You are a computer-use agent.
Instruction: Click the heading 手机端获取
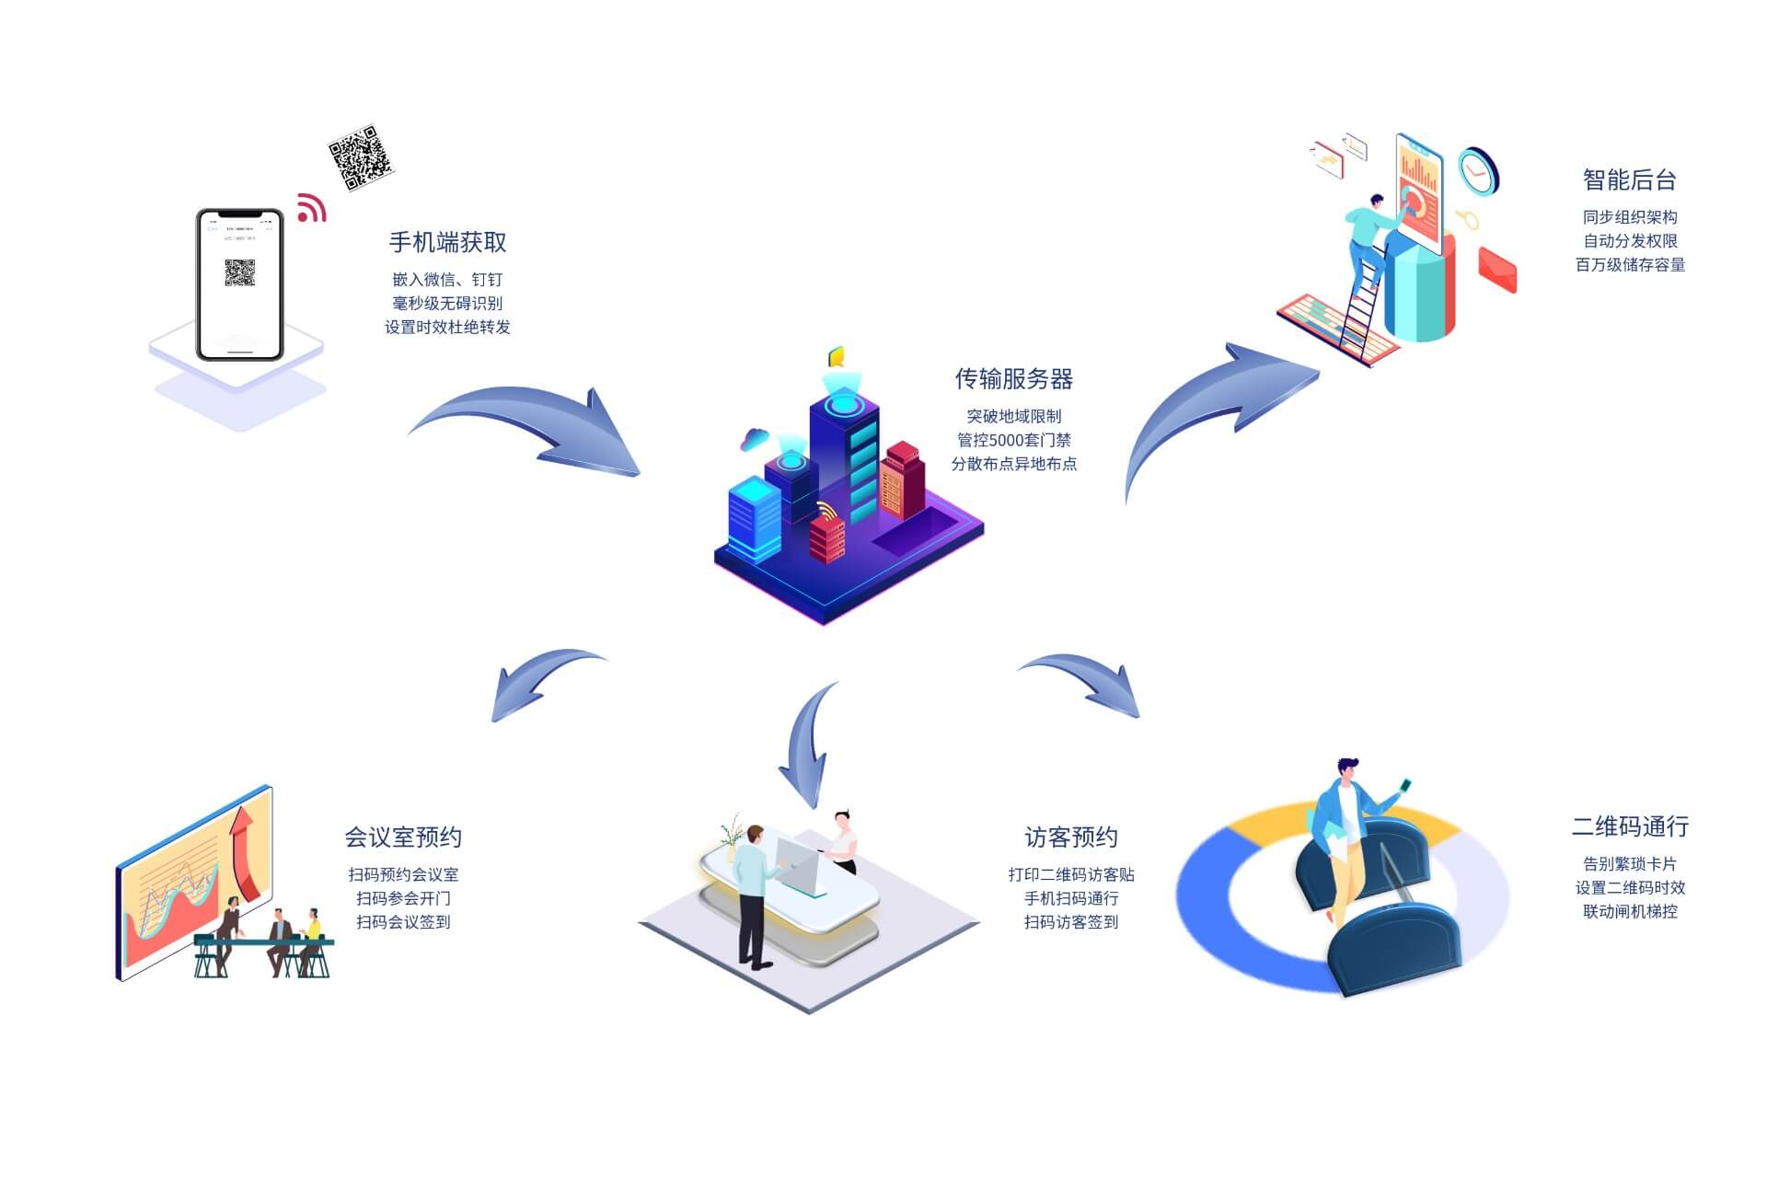pyautogui.click(x=447, y=242)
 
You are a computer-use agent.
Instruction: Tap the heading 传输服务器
pyautogui.click(x=1013, y=378)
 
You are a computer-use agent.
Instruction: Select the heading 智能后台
pyautogui.click(x=1629, y=179)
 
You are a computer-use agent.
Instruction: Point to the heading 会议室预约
pyautogui.click(x=403, y=837)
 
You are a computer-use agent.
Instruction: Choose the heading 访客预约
pyautogui.click(x=1070, y=837)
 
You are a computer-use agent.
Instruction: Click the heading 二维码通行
pyautogui.click(x=1629, y=826)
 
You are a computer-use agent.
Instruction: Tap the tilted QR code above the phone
pyautogui.click(x=360, y=157)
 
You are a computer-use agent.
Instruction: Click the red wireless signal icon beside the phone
pyautogui.click(x=311, y=209)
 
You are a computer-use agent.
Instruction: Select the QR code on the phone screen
pyautogui.click(x=239, y=272)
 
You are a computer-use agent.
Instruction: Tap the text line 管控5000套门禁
pyautogui.click(x=1013, y=440)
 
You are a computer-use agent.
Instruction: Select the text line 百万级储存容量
pyautogui.click(x=1629, y=265)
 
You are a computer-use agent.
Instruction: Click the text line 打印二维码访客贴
pyautogui.click(x=1070, y=874)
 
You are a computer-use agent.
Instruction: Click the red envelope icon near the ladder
pyautogui.click(x=1496, y=269)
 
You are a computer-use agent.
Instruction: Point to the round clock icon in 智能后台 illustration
pyautogui.click(x=1478, y=171)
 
